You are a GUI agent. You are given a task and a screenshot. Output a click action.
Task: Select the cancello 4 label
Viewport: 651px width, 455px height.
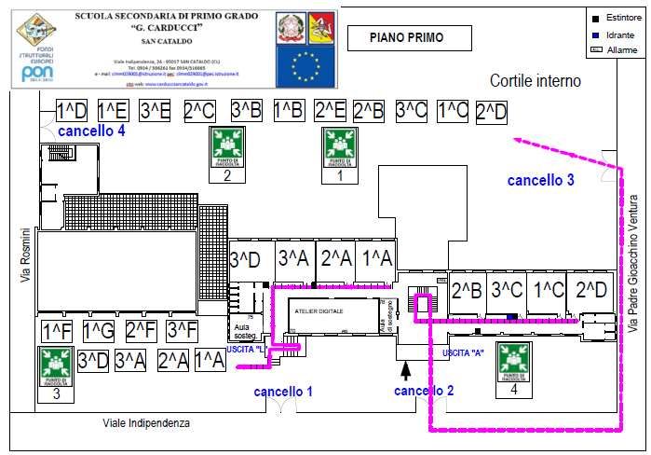(91, 131)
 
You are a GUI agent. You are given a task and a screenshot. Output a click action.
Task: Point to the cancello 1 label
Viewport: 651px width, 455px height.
(283, 392)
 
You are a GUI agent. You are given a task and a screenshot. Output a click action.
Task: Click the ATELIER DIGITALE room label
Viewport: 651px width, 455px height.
(319, 309)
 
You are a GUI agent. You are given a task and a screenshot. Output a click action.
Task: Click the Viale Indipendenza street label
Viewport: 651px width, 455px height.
(146, 423)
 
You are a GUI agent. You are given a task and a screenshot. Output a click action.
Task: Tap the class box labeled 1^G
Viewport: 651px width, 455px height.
(98, 331)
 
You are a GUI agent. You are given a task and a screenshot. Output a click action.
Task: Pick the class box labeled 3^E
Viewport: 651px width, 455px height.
(156, 111)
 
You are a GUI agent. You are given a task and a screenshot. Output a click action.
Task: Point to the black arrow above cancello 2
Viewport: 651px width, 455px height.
(418, 370)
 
